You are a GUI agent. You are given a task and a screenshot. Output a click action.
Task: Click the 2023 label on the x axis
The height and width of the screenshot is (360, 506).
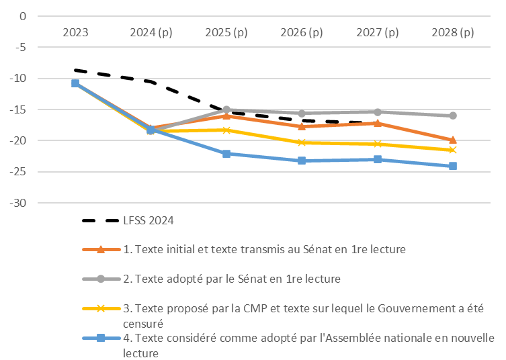[x=75, y=32]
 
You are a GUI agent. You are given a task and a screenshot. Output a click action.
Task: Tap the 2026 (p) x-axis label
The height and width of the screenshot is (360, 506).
[x=302, y=32]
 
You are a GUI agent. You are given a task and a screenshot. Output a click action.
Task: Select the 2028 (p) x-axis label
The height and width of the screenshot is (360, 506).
[x=453, y=32]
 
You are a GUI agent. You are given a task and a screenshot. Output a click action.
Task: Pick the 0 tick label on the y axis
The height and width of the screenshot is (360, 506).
[x=22, y=16]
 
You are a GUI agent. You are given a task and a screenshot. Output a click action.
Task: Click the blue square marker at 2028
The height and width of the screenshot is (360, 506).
[x=453, y=166]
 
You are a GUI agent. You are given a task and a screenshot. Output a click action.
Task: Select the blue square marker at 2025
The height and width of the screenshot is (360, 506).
[x=226, y=154]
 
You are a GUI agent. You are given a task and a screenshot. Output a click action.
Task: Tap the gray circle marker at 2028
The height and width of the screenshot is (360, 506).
[x=453, y=116]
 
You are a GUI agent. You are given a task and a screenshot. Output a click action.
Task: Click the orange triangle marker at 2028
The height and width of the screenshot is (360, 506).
[x=453, y=140]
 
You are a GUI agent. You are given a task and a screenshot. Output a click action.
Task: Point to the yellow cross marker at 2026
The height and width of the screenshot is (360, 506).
[x=302, y=142]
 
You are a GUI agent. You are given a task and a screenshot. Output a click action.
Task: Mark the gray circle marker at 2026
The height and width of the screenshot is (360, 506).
[x=302, y=114]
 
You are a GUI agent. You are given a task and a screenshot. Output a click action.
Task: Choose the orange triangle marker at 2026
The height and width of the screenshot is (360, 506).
[x=302, y=126]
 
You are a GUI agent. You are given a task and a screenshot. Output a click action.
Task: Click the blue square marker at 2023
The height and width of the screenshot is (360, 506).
[x=75, y=83]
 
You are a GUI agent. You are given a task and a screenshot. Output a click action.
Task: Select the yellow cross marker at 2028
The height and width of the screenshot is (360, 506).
[x=453, y=150]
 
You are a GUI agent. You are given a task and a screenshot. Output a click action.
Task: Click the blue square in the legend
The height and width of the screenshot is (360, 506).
[x=100, y=338]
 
